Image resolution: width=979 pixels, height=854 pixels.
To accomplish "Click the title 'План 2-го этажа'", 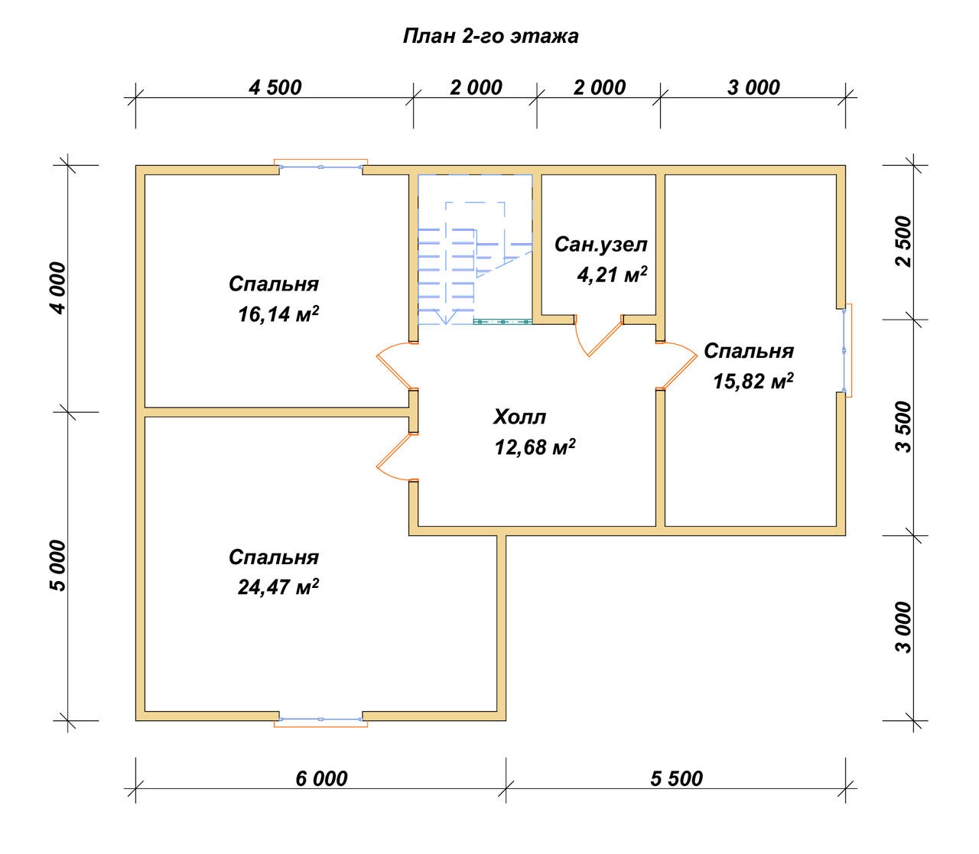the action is pyautogui.click(x=490, y=37).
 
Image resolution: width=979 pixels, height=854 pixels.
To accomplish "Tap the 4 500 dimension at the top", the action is pyautogui.click(x=275, y=87).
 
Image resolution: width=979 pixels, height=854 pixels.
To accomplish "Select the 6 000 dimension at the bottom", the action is pyautogui.click(x=321, y=779).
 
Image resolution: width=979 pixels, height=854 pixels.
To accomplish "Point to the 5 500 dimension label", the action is pyautogui.click(x=677, y=779).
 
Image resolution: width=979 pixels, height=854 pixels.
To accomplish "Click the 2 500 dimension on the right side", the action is pyautogui.click(x=904, y=242).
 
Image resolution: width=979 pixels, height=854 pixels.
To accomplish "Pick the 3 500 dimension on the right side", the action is pyautogui.click(x=904, y=427).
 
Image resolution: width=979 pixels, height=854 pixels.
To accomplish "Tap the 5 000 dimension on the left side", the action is pyautogui.click(x=58, y=566).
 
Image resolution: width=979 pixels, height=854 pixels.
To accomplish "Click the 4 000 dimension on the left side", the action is pyautogui.click(x=58, y=288).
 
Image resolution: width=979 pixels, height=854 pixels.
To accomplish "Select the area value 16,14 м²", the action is pyautogui.click(x=278, y=314).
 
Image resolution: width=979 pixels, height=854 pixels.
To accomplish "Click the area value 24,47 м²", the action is pyautogui.click(x=278, y=586).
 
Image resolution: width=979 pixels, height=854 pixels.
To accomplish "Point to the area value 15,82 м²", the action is pyautogui.click(x=753, y=381).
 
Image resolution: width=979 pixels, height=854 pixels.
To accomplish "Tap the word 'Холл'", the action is pyautogui.click(x=519, y=417).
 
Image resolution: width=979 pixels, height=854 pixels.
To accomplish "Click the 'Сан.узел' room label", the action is pyautogui.click(x=601, y=245).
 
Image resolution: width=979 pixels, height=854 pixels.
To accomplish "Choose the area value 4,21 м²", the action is pyautogui.click(x=613, y=274).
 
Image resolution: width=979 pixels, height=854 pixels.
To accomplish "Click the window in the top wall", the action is pyautogui.click(x=320, y=166).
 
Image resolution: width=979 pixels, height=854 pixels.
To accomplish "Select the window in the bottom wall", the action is pyautogui.click(x=320, y=720).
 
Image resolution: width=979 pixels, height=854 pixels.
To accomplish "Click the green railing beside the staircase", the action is pyautogui.click(x=503, y=322).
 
